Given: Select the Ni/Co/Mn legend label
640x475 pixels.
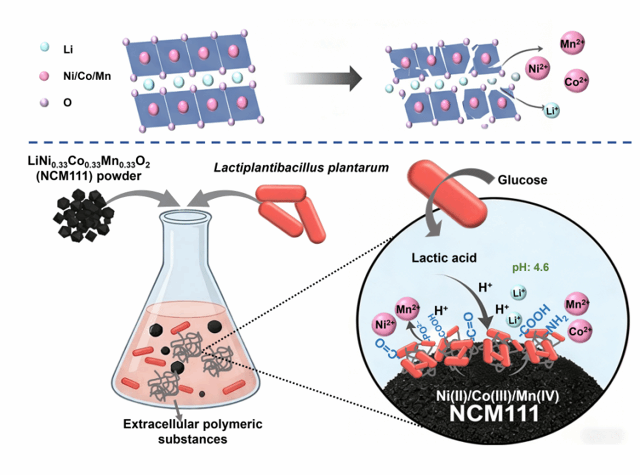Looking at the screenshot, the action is [87, 76].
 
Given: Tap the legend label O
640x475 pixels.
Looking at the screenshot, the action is [67, 103].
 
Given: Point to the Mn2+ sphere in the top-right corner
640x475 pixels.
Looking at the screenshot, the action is [572, 44].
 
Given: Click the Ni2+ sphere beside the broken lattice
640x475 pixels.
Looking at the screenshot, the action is [538, 69].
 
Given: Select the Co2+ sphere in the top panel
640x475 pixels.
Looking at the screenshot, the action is [576, 81].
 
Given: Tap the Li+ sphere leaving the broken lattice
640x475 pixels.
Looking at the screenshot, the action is [552, 110].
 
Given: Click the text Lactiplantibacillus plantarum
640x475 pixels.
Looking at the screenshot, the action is [301, 168].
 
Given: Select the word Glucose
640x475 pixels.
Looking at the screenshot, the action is [522, 180].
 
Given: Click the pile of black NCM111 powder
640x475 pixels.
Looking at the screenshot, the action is [84, 215].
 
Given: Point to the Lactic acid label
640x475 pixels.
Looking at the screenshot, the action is [444, 258].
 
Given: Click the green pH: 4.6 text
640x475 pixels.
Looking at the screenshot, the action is [530, 268].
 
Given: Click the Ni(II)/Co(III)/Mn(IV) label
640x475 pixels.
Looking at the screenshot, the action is [498, 396].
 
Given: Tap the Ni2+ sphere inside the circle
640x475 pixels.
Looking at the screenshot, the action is [384, 325].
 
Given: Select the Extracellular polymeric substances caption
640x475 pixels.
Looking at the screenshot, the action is [193, 432].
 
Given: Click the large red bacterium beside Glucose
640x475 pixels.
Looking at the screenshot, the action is [447, 194].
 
